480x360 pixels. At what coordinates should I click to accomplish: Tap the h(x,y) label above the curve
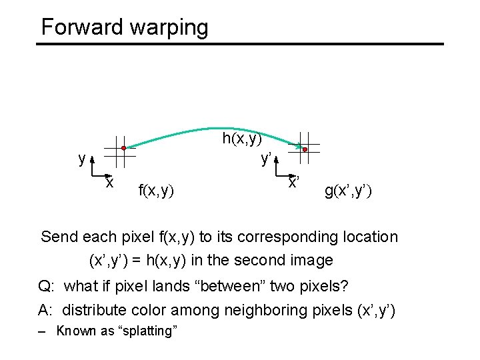click(x=242, y=139)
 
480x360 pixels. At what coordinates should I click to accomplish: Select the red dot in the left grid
click(x=123, y=147)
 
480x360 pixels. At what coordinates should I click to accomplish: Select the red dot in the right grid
click(x=305, y=150)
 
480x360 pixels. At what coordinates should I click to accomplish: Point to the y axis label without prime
click(x=81, y=159)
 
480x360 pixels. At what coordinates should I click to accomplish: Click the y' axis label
click(x=265, y=159)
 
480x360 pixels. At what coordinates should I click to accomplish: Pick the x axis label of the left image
click(x=109, y=182)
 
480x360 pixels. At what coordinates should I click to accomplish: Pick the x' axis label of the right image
click(x=293, y=182)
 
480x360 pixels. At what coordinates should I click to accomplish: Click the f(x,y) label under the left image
click(x=155, y=191)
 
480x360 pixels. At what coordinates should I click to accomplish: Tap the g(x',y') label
click(x=348, y=191)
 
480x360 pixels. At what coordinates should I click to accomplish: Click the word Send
click(x=59, y=237)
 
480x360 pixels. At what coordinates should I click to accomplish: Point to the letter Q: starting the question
click(x=47, y=287)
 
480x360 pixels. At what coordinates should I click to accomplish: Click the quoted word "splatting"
click(x=147, y=331)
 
